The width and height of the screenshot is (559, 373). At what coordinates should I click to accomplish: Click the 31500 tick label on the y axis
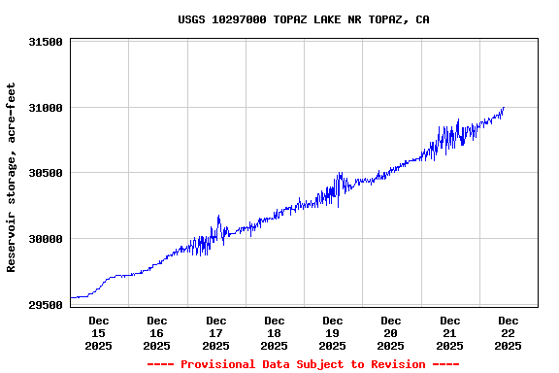[x=46, y=42]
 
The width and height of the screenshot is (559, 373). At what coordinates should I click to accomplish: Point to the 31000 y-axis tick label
[x=46, y=108]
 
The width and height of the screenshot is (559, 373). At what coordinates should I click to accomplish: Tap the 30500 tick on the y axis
[x=46, y=173]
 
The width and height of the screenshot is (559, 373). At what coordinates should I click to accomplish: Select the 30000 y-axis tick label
[x=46, y=239]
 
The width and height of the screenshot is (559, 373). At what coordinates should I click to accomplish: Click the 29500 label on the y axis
[x=46, y=304]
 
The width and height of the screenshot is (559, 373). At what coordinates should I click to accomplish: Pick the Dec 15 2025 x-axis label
[x=99, y=332]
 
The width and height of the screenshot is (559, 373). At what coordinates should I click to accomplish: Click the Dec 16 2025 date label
[x=157, y=332]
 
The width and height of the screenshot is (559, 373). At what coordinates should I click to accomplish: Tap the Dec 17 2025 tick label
[x=215, y=332]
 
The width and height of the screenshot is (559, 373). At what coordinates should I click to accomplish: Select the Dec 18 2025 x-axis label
[x=275, y=332]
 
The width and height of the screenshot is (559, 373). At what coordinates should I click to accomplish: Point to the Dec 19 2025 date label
[x=333, y=332]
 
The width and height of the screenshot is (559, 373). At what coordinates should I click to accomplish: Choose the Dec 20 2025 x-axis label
[x=391, y=332]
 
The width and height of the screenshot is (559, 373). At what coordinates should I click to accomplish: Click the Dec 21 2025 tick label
[x=449, y=332]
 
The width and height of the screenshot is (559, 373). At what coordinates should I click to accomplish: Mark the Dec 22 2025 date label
[x=508, y=332]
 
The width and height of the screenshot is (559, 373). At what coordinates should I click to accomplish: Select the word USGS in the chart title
[x=191, y=19]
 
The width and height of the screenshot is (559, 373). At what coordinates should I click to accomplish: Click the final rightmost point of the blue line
[x=504, y=108]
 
